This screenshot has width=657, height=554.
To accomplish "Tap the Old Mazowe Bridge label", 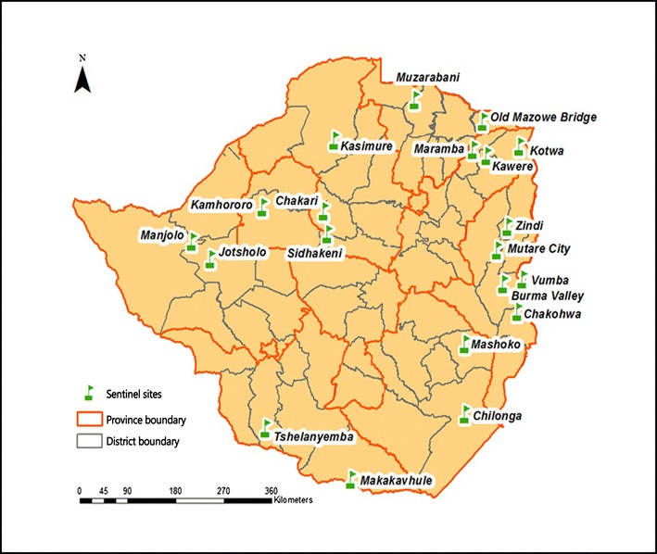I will (x=543, y=117).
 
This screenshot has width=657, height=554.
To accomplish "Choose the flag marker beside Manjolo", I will (x=191, y=243).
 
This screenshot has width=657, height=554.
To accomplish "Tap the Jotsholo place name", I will (x=244, y=252).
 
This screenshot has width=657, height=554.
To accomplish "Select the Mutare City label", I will (x=540, y=249).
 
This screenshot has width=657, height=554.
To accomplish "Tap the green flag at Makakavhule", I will (x=350, y=479).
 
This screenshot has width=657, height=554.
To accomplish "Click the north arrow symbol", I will (x=82, y=78).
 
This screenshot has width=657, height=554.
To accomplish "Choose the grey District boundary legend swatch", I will (x=89, y=442).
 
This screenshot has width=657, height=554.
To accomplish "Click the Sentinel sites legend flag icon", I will (x=89, y=393).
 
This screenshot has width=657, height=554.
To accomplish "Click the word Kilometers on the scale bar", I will (x=293, y=500).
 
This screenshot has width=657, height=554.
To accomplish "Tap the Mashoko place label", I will (x=498, y=345).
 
